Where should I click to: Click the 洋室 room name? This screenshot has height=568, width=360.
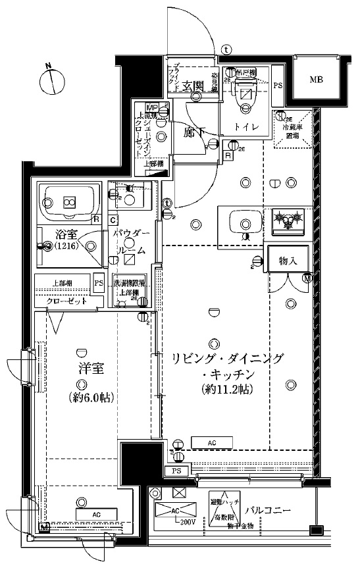tap(82, 367)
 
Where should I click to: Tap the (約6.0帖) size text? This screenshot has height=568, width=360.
tap(82, 398)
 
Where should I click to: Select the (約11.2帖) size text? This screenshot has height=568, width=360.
tap(226, 389)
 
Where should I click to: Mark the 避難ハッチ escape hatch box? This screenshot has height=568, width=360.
tap(224, 507)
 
